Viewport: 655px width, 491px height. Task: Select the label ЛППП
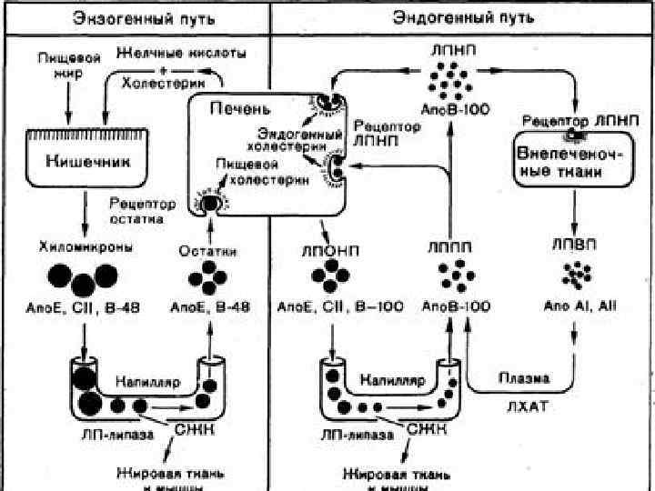coord(450,245)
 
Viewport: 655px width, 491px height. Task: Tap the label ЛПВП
coord(573,244)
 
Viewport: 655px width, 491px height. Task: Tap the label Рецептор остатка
coord(134,210)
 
